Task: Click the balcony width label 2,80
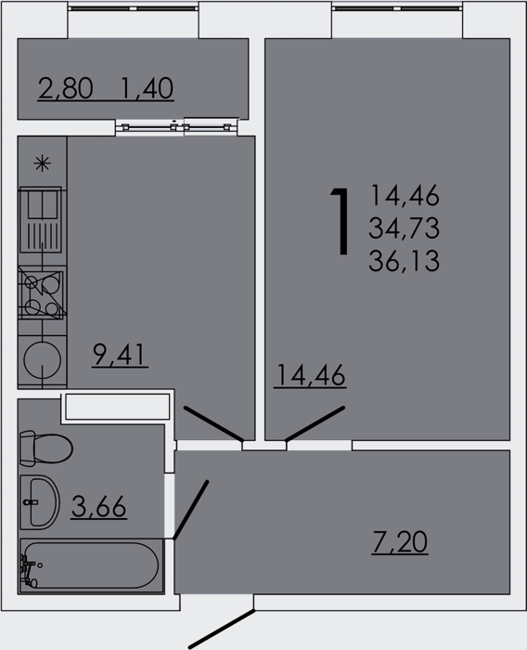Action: point(65,88)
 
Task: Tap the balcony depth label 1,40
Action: point(148,88)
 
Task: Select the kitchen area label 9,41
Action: point(120,356)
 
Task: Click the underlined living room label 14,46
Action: point(310,375)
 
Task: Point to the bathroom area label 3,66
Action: point(98,506)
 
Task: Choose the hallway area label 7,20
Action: point(400,542)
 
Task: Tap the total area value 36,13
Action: point(404,262)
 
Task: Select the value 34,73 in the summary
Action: point(404,228)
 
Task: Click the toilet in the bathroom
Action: point(45,448)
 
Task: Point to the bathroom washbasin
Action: point(40,502)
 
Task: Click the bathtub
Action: point(91,565)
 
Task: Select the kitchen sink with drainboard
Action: point(41,220)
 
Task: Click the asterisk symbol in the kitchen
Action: point(43,163)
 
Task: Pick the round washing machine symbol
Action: point(43,359)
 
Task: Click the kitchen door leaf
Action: point(213,423)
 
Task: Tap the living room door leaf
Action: point(315,423)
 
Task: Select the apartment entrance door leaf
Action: point(222,629)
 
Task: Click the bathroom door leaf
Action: point(190,511)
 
